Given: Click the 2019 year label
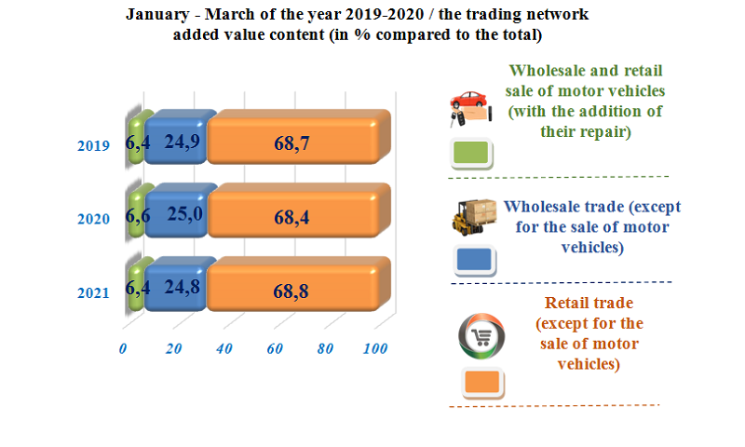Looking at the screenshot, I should pos(93,146).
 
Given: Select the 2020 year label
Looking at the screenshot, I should pos(93,219).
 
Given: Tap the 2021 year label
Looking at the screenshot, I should pos(93,293).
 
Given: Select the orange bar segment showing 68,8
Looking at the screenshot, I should pos(292,291).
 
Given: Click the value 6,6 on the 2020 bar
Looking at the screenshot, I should pos(137,217).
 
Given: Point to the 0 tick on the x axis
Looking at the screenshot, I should pos(123,349).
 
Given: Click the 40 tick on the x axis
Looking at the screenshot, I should pos(223,349).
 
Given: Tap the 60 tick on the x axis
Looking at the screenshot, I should pos(274,349).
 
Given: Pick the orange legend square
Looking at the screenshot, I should pos(484,382).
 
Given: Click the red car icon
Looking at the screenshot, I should pos(468,108).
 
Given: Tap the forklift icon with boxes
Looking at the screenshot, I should pos(474,218).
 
